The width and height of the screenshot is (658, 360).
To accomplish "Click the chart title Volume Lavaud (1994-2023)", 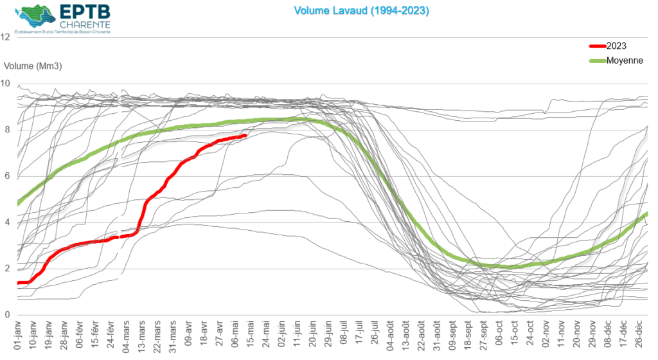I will click(x=361, y=11).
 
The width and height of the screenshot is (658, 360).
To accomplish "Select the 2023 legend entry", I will click(x=616, y=46).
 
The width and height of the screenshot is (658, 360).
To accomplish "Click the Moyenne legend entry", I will click(x=625, y=60).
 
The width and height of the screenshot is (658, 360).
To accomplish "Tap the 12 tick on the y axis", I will click(x=6, y=37).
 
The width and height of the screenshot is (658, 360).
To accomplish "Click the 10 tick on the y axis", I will click(x=6, y=84).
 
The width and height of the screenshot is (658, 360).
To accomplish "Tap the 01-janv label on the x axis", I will click(x=18, y=337).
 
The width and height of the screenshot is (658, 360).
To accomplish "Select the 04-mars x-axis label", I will click(x=127, y=337).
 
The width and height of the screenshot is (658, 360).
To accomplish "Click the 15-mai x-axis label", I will click(x=251, y=337).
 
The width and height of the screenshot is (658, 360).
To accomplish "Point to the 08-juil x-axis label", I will click(x=344, y=337).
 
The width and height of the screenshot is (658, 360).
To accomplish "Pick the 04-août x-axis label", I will click(x=390, y=337).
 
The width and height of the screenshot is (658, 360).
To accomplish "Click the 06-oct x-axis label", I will click(x=499, y=337).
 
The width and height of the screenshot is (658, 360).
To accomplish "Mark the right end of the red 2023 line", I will click(x=245, y=136).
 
